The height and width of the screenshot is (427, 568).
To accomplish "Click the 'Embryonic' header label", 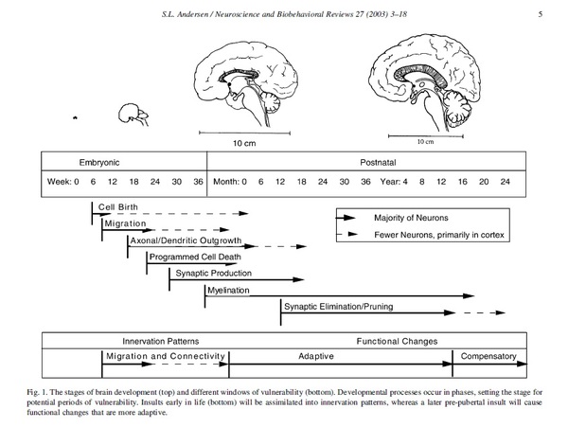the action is pyautogui.click(x=99, y=162).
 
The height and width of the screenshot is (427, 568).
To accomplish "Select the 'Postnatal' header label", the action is pyautogui.click(x=378, y=162).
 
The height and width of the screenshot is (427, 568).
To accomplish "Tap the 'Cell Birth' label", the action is pyautogui.click(x=118, y=207).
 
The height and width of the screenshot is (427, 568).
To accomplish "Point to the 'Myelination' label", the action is pyautogui.click(x=228, y=290).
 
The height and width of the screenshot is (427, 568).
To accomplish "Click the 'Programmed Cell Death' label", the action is pyautogui.click(x=195, y=257).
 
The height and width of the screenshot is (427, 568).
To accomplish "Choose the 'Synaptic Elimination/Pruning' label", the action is pyautogui.click(x=338, y=307).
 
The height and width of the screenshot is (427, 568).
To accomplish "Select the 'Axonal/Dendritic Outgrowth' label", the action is pyautogui.click(x=186, y=240).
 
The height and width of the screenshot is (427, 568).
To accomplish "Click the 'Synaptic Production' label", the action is pyautogui.click(x=213, y=273).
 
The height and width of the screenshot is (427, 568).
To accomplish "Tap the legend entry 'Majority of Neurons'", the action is pyautogui.click(x=411, y=218).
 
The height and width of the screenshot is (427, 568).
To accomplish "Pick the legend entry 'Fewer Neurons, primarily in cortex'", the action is pyautogui.click(x=439, y=235).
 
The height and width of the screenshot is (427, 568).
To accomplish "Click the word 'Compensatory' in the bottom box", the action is pyautogui.click(x=488, y=356).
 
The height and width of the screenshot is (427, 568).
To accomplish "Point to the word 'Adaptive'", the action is pyautogui.click(x=316, y=356).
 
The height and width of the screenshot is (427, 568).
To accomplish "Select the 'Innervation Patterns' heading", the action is pyautogui.click(x=161, y=341).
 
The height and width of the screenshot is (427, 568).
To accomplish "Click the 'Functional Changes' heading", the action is pyautogui.click(x=397, y=341).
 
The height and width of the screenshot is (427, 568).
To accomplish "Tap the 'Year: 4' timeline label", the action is pyautogui.click(x=394, y=182).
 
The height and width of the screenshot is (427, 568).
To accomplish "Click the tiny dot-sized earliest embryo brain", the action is pyautogui.click(x=75, y=117).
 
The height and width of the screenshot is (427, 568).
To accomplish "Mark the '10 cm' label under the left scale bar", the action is pyautogui.click(x=244, y=143).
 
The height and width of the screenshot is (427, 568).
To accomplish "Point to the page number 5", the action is pyautogui.click(x=541, y=14).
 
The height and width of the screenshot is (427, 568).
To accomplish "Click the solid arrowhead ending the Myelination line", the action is pyautogui.click(x=469, y=296).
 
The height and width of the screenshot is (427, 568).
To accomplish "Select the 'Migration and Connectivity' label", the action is pyautogui.click(x=166, y=356).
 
